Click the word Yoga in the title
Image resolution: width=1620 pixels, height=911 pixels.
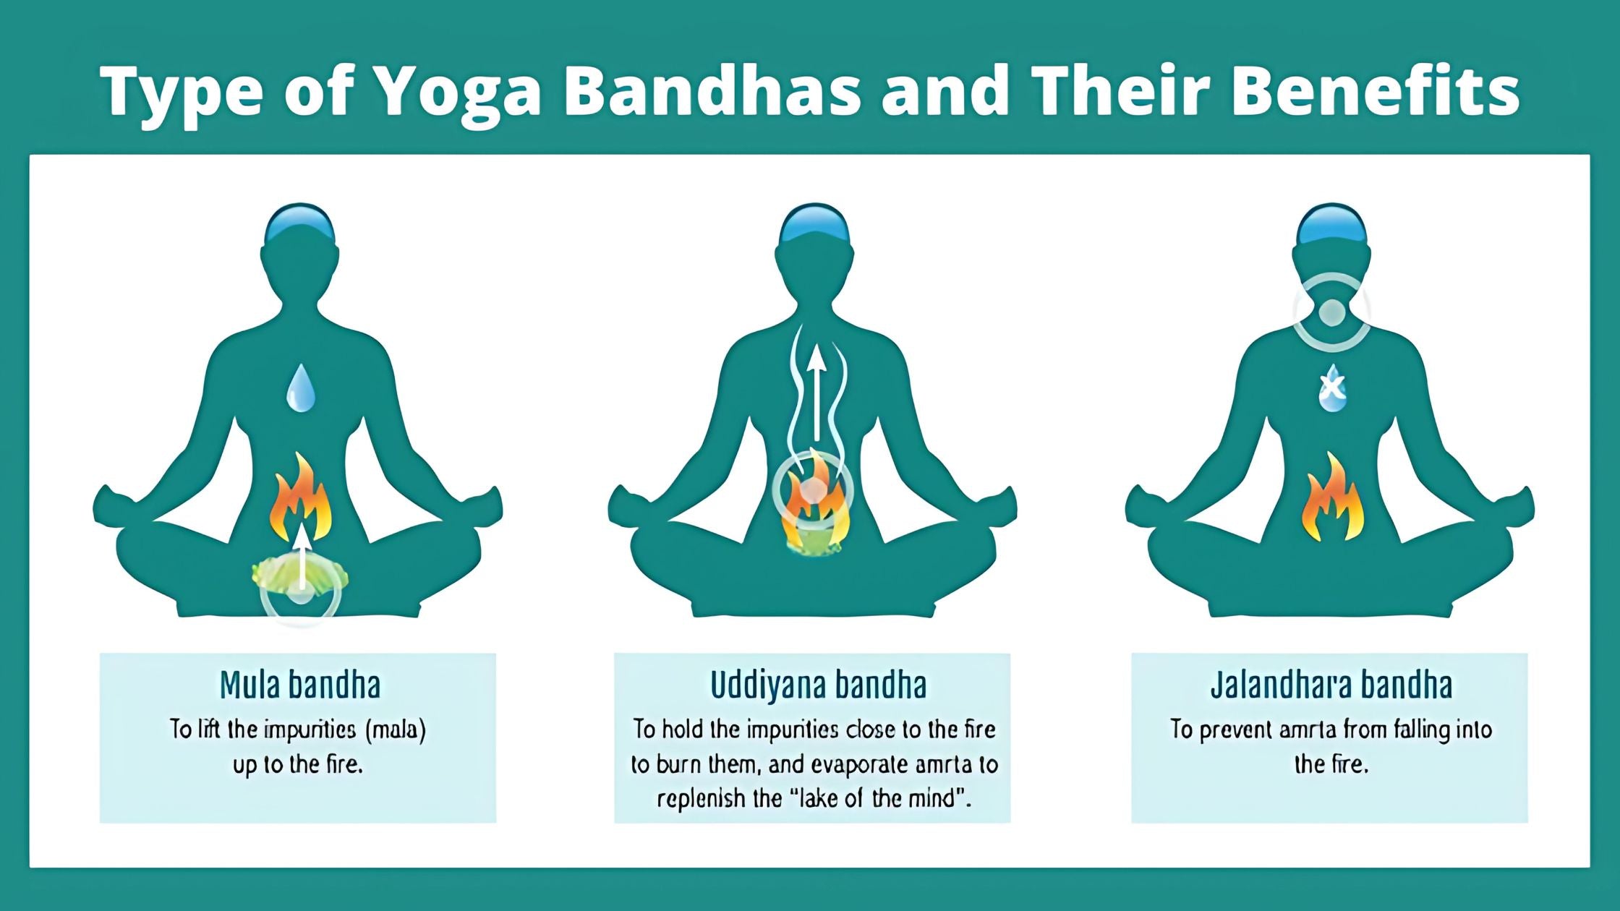(459, 92)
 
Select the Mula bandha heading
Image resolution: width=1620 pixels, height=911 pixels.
(300, 685)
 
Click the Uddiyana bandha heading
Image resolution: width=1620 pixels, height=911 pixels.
(818, 685)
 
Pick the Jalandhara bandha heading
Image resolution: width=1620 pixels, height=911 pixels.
(1331, 685)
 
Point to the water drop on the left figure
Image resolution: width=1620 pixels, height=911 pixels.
(300, 388)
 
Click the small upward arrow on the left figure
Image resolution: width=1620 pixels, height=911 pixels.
(302, 555)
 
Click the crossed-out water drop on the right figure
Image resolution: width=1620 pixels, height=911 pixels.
(1332, 388)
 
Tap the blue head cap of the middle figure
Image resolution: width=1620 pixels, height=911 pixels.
(815, 223)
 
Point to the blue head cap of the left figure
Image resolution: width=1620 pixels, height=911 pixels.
(300, 223)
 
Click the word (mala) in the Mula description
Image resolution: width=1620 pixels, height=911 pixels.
(396, 729)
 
